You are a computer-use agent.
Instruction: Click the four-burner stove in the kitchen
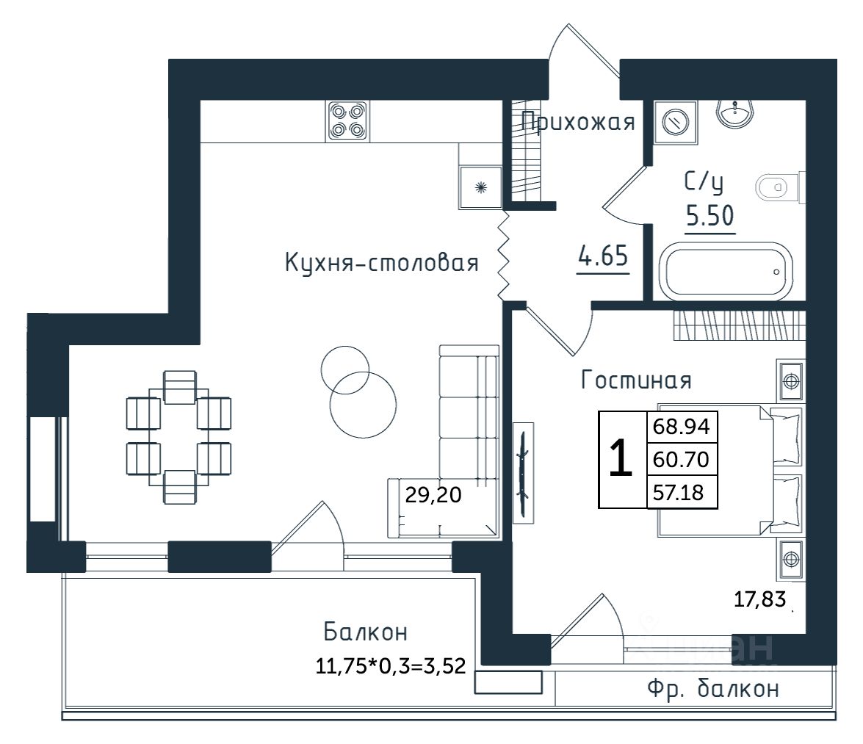pyautogui.click(x=347, y=120)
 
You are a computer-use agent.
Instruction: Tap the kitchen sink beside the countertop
pyautogui.click(x=480, y=188)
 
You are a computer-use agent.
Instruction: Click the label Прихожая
pyautogui.click(x=578, y=122)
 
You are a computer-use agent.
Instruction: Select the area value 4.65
pyautogui.click(x=603, y=259)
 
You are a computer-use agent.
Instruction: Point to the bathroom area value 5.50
pyautogui.click(x=710, y=217)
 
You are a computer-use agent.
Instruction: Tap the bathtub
pyautogui.click(x=726, y=271)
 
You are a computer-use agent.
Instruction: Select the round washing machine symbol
pyautogui.click(x=675, y=120)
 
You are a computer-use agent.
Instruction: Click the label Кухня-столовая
pyautogui.click(x=382, y=263)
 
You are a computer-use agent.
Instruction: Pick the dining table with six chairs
pyautogui.click(x=179, y=438)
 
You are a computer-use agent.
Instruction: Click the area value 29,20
pyautogui.click(x=433, y=496)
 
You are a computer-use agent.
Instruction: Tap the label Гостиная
pyautogui.click(x=636, y=380)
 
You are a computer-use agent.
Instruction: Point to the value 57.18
pyautogui.click(x=680, y=493)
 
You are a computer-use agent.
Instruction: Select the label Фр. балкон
pyautogui.click(x=712, y=689)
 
